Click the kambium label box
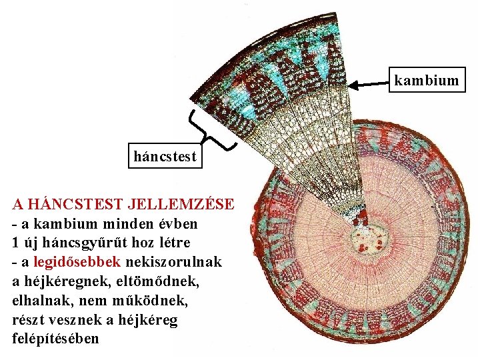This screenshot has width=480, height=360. [427, 81]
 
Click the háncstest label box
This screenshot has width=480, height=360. [165, 157]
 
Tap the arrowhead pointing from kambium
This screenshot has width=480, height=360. [356, 85]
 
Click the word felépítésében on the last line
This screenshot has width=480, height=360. [55, 339]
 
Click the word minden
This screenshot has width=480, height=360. [129, 222]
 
